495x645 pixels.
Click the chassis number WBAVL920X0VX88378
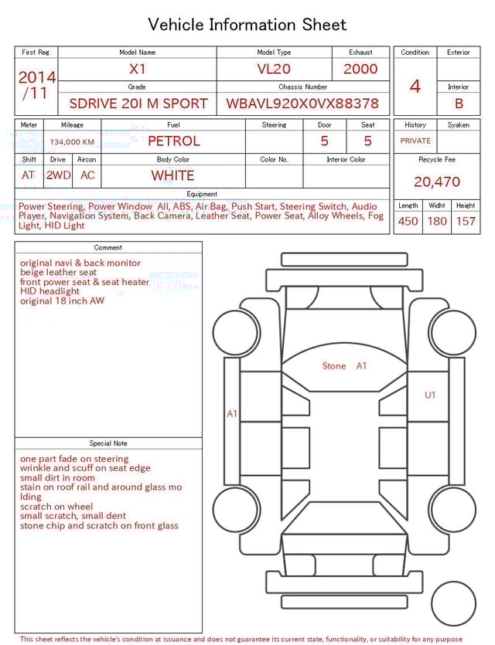(x=302, y=103)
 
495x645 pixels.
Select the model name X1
(x=138, y=69)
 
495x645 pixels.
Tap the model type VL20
(x=274, y=69)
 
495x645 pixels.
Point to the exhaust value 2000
(x=360, y=69)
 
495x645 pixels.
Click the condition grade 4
(x=415, y=86)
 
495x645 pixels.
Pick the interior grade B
(x=459, y=103)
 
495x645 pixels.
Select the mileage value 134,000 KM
(x=72, y=142)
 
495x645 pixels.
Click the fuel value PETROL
(x=173, y=141)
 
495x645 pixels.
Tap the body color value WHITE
(x=172, y=175)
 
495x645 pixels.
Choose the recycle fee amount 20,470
(x=437, y=182)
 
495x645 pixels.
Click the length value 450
(x=408, y=221)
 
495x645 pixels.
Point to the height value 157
(x=466, y=221)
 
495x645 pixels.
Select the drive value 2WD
(x=58, y=175)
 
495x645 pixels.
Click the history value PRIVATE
(x=415, y=141)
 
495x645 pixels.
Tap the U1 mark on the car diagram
(x=430, y=395)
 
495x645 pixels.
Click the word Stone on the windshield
(x=334, y=365)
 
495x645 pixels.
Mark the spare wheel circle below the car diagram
(x=453, y=603)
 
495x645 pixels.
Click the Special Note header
(x=108, y=443)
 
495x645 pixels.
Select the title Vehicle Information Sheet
(x=247, y=25)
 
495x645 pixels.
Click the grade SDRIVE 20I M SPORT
(x=138, y=103)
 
